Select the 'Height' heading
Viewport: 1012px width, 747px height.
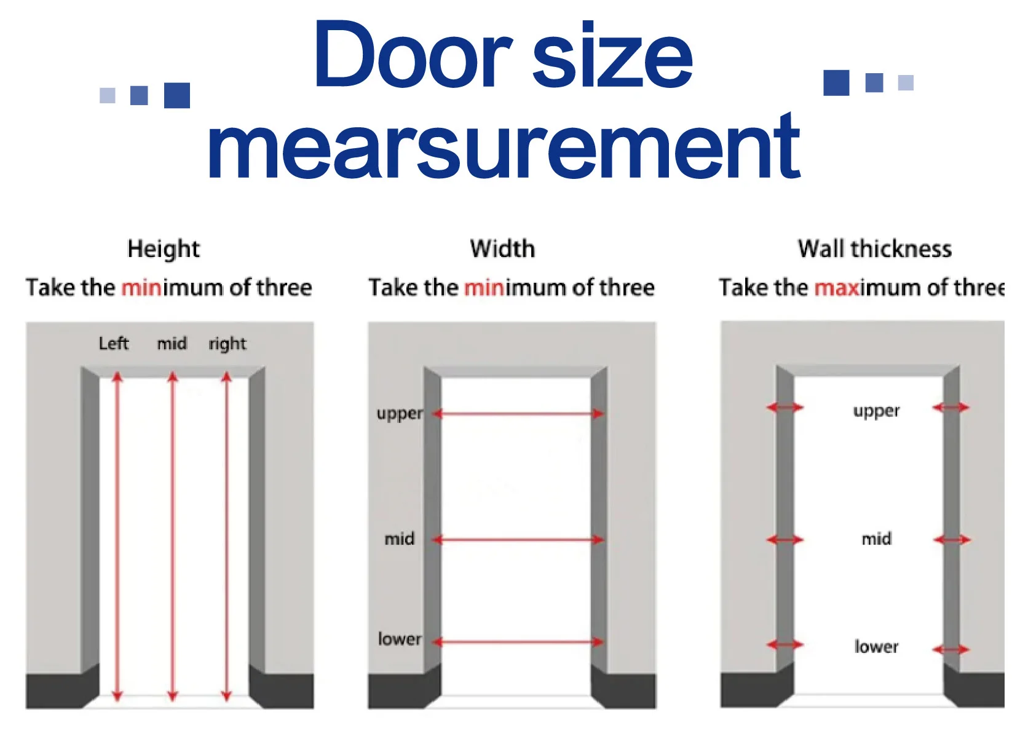tap(164, 249)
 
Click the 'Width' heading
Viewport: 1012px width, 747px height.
tap(502, 249)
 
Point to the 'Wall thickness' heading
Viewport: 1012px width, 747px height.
tap(874, 249)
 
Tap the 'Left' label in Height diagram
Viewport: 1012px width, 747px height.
tap(114, 343)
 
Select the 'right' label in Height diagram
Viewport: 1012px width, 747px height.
tap(227, 344)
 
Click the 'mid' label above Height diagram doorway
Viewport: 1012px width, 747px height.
tap(172, 343)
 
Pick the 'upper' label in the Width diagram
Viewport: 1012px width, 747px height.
tap(400, 413)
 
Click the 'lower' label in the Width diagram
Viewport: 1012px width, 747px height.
tap(400, 639)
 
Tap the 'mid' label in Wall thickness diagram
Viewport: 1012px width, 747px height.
tap(876, 539)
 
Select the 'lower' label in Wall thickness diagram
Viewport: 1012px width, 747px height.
tap(876, 647)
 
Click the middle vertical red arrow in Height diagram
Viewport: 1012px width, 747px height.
tap(173, 535)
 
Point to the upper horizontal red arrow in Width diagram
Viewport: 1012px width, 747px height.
tap(518, 414)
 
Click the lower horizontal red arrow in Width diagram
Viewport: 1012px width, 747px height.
tap(518, 642)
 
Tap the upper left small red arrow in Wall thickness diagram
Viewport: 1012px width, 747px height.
tap(785, 407)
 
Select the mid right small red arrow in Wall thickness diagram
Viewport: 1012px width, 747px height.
tap(951, 540)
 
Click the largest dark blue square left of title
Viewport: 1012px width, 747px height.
tap(177, 95)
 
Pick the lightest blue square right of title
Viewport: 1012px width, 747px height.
tap(906, 82)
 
